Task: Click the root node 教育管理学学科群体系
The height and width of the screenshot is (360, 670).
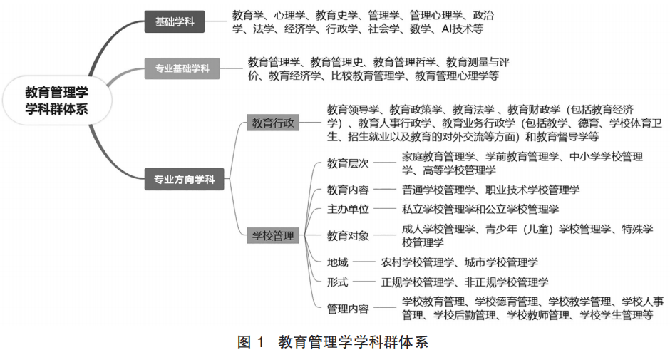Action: pyautogui.click(x=56, y=100)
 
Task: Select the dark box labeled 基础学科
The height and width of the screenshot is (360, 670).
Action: pyautogui.click(x=175, y=22)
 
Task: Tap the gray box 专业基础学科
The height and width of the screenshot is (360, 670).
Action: pyautogui.click(x=182, y=69)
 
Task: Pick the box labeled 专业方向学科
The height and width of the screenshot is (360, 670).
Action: pyautogui.click(x=184, y=180)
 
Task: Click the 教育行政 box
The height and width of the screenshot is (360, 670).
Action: pyautogui.click(x=273, y=123)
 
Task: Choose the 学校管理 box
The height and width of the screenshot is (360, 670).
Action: pyautogui.click(x=273, y=235)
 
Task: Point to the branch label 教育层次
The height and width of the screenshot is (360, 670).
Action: pyautogui.click(x=348, y=163)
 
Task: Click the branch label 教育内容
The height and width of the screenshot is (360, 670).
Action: pyautogui.click(x=348, y=190)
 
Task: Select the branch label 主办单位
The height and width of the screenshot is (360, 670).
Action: pyautogui.click(x=348, y=209)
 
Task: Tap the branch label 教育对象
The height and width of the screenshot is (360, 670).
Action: pyautogui.click(x=348, y=235)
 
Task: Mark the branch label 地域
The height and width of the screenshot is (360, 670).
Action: pyautogui.click(x=338, y=262)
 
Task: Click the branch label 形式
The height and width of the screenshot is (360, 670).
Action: pyautogui.click(x=338, y=282)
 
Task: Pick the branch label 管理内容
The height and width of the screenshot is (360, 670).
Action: pyautogui.click(x=348, y=308)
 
